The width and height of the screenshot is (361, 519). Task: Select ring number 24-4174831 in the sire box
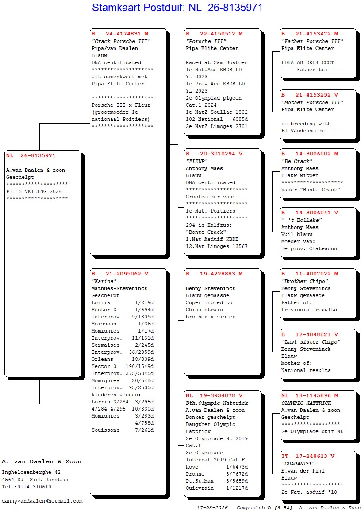pyautogui.click(x=123, y=34)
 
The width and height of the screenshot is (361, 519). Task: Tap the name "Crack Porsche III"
pyautogui.click(x=121, y=41)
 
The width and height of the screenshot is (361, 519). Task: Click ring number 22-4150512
pyautogui.click(x=217, y=34)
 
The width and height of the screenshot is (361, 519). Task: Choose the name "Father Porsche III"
pyautogui.click(x=312, y=41)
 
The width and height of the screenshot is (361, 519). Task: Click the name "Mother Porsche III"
pyautogui.click(x=312, y=103)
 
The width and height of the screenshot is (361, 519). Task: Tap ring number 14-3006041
pyautogui.click(x=313, y=213)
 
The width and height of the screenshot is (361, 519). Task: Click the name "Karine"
pyautogui.click(x=104, y=281)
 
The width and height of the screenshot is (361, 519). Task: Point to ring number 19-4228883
pyautogui.click(x=217, y=274)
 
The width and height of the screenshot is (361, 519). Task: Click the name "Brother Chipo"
pyautogui.click(x=305, y=281)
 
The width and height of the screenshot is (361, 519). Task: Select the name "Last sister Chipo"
pyautogui.click(x=311, y=342)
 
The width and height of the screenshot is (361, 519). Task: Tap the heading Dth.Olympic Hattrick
pyautogui.click(x=217, y=403)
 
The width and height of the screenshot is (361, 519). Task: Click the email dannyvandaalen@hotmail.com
pyautogui.click(x=42, y=501)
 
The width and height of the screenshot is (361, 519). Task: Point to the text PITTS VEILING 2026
pyautogui.click(x=34, y=192)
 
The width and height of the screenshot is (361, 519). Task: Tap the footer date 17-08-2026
pyautogui.click(x=212, y=508)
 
